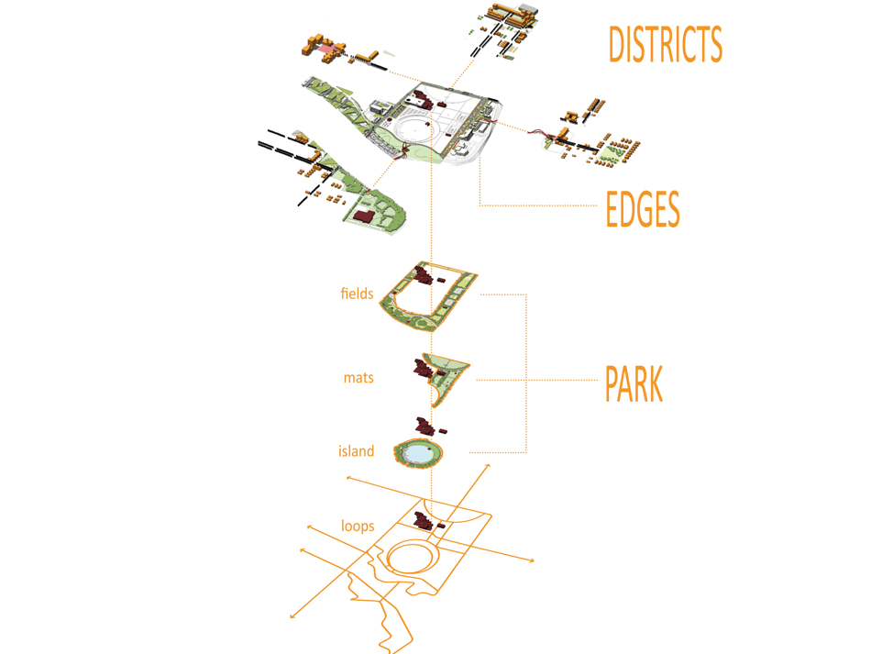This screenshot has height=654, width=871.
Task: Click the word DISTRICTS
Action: coord(666,44)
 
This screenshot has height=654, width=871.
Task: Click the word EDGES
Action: coord(643,210)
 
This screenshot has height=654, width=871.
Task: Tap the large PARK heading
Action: coord(634,384)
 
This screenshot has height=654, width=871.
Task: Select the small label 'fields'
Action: coord(357,294)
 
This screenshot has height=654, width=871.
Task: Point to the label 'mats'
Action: coord(358,377)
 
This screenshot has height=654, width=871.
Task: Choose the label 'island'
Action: coord(356,450)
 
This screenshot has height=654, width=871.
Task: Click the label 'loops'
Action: coord(357,527)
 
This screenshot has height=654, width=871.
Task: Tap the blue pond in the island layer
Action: coord(417,452)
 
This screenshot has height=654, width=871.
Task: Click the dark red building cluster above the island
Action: coord(426,427)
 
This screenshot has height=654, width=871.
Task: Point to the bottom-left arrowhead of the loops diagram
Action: coord(292,615)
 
